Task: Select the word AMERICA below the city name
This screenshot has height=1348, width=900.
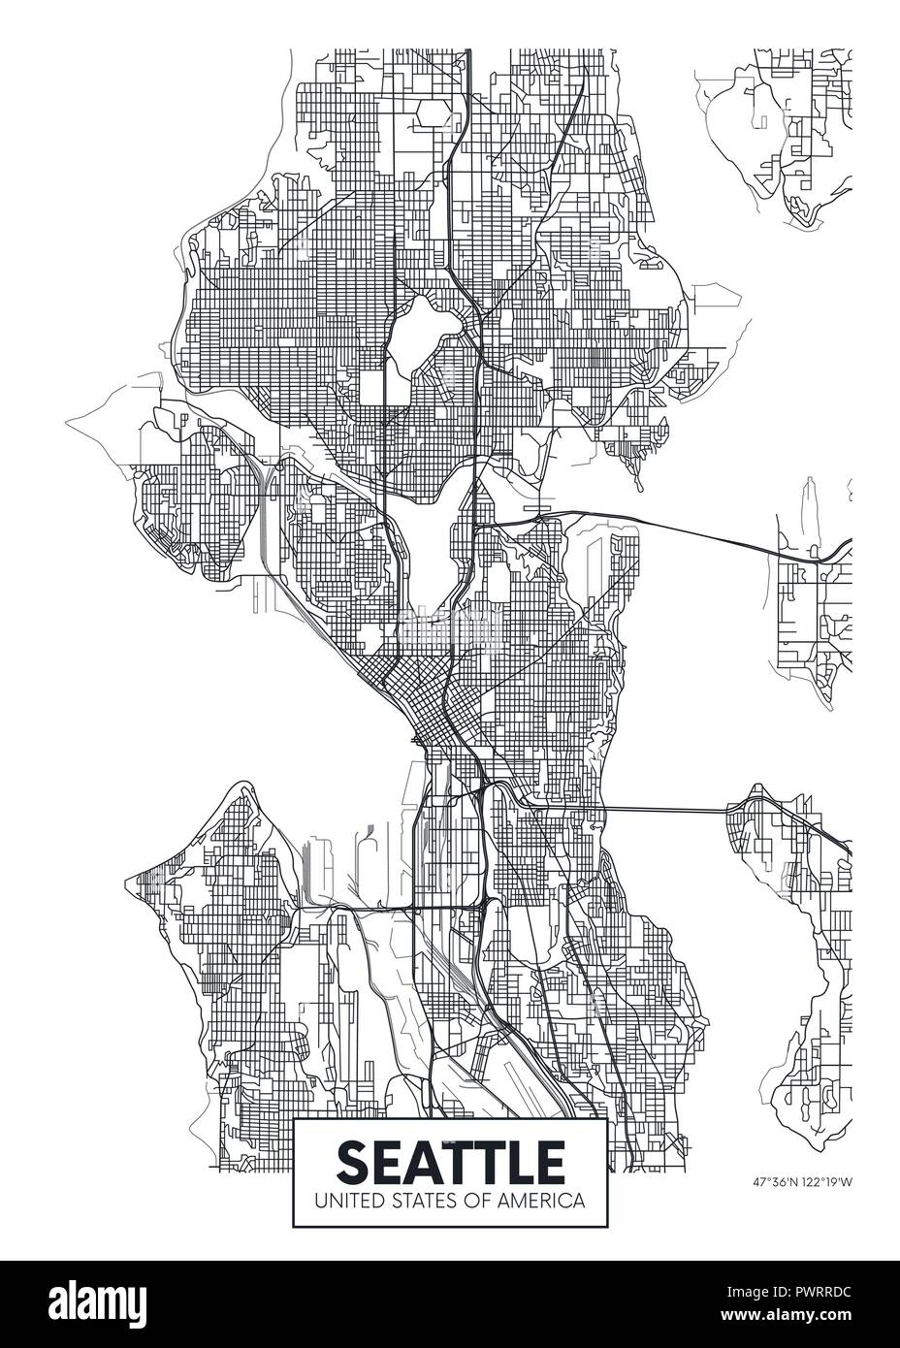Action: [x=548, y=1201]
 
